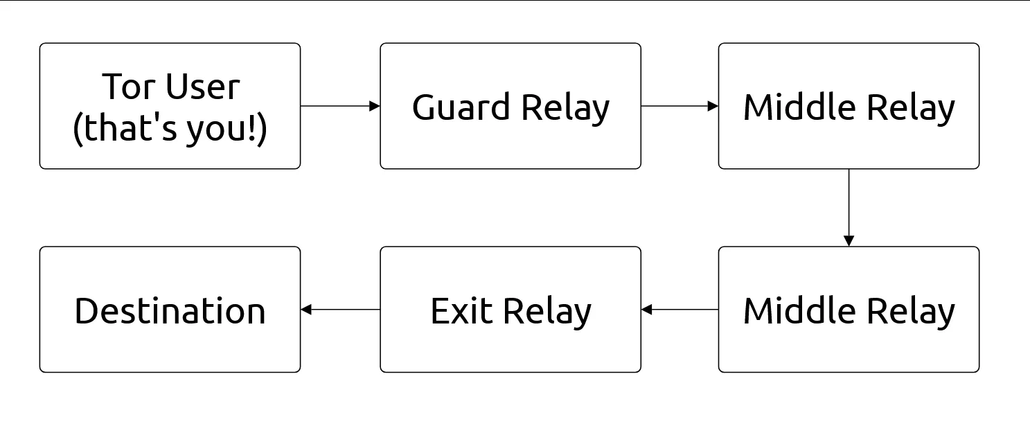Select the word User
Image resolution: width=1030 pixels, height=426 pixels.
(x=202, y=87)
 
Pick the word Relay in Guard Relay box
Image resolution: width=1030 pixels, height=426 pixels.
(x=565, y=107)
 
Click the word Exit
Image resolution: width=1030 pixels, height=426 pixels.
(x=461, y=310)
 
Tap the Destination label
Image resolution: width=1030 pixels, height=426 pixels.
(x=170, y=310)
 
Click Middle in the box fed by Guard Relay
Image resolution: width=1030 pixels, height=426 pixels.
(x=796, y=107)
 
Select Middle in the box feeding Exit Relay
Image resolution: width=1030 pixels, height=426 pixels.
(x=796, y=310)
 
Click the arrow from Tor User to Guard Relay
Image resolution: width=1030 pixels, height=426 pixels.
(x=339, y=106)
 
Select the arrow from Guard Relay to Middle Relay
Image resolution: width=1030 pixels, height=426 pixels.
(x=679, y=106)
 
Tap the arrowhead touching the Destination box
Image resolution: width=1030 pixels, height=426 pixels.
(x=306, y=310)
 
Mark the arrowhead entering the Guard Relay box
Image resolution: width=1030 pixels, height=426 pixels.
(x=375, y=106)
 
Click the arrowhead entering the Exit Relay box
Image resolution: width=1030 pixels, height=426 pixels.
(x=647, y=310)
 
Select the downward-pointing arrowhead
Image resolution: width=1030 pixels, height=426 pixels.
(x=849, y=241)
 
